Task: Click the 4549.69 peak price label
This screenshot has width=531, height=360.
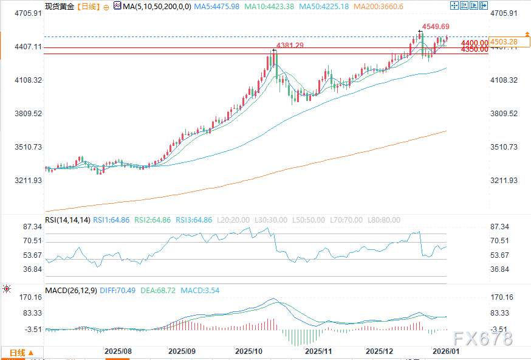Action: point(436,27)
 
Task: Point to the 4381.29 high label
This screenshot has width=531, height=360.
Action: point(290,46)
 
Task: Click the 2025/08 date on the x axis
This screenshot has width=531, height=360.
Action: point(118,351)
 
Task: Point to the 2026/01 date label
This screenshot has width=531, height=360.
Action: point(446,351)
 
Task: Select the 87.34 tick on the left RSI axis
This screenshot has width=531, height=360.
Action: point(32,227)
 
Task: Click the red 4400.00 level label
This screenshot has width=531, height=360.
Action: point(474,43)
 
